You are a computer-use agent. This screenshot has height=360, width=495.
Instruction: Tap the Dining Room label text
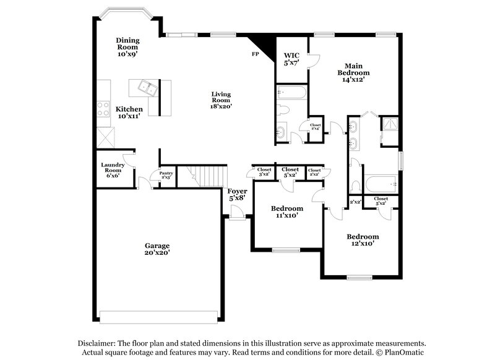(128, 47)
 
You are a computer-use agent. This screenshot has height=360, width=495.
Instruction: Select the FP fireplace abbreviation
(254, 54)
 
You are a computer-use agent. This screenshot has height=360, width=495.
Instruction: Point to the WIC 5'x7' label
(291, 59)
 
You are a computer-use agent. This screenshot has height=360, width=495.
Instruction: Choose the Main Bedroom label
(353, 72)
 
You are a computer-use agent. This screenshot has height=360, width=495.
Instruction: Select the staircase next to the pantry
(205, 176)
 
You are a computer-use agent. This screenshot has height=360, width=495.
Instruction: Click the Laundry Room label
(114, 169)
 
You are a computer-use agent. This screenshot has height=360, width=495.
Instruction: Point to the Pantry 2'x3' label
(166, 175)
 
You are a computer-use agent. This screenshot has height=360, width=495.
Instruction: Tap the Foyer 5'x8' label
(238, 194)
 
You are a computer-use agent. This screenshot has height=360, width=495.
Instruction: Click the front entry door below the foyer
(236, 213)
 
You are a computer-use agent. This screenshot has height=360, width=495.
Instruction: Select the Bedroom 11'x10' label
(287, 212)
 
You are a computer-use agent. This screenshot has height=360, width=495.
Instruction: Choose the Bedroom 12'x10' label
(363, 239)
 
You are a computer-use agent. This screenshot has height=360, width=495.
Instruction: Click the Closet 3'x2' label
(264, 171)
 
